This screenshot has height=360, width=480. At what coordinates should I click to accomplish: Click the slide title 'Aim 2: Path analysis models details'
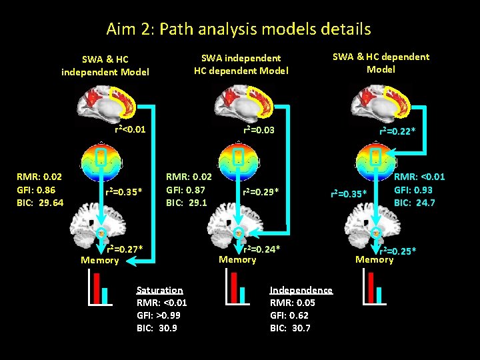point(238,29)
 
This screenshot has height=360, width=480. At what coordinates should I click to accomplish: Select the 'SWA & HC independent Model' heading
point(105,65)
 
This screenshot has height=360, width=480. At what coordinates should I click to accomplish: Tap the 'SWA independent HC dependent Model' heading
point(241,65)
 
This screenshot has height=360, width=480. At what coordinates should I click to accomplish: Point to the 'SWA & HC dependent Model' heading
point(381,63)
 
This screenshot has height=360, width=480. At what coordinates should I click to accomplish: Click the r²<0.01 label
point(130,129)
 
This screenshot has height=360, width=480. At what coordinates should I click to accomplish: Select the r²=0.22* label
point(397,131)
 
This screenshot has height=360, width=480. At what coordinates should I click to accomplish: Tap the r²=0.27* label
point(125,249)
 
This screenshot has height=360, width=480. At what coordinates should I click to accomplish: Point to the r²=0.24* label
point(263,249)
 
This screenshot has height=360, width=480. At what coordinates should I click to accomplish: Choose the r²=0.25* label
point(398,251)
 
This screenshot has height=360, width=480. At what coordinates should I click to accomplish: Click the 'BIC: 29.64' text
point(40,203)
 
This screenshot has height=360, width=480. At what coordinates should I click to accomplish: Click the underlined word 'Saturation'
point(159,290)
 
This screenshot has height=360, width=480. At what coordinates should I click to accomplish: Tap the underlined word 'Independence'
point(301,290)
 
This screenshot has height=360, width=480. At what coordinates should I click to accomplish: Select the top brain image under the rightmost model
point(376,101)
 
